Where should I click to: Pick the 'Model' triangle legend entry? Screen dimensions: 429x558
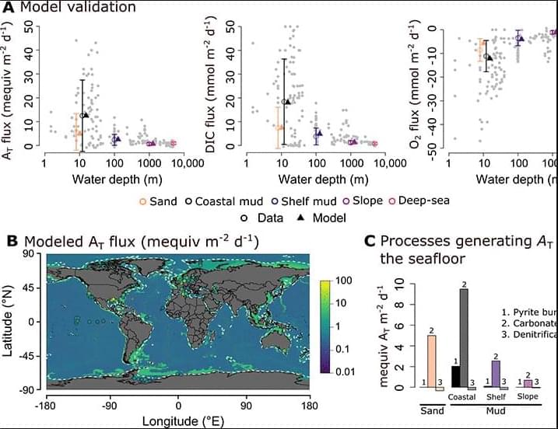click(x=324, y=218)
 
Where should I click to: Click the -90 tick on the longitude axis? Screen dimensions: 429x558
click(x=111, y=404)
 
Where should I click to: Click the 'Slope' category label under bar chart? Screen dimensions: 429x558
click(x=528, y=396)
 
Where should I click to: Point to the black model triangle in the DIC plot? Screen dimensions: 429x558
click(x=287, y=102)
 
